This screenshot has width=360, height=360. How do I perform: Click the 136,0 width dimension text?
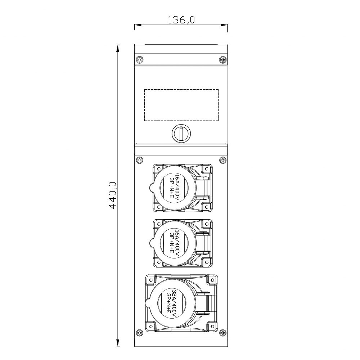[x=181, y=20]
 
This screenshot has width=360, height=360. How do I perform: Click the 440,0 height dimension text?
[x=112, y=195]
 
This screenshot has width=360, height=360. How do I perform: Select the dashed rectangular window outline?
[x=181, y=105]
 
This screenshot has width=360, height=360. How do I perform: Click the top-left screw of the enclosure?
[x=139, y=60]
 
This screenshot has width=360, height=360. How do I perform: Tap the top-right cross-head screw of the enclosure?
[x=223, y=60]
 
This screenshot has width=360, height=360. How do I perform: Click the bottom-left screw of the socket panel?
[x=139, y=332]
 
